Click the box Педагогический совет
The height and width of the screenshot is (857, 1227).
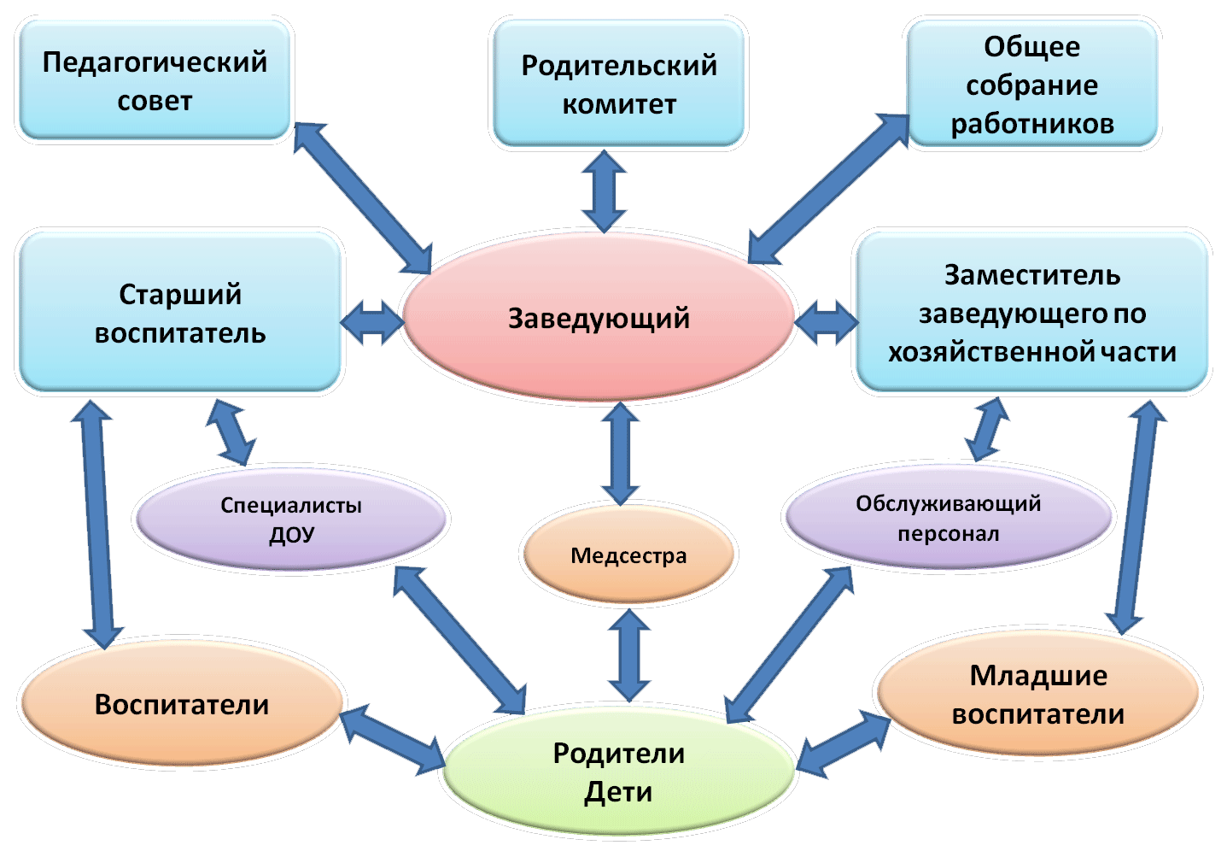point(155,80)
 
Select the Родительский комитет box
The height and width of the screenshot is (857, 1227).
point(618,84)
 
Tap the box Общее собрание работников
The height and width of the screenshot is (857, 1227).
point(1032,84)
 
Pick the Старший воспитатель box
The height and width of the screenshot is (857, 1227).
point(179,312)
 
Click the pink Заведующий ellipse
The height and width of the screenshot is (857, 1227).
point(599,317)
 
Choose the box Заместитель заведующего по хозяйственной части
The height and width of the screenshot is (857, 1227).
point(1032,312)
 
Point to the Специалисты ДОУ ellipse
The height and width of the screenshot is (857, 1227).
point(291,519)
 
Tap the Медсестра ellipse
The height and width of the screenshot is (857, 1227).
point(628,555)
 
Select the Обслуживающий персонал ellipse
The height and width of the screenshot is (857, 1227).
point(948,517)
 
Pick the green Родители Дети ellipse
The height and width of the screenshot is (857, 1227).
point(618,772)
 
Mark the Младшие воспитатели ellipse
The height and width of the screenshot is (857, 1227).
point(1038,694)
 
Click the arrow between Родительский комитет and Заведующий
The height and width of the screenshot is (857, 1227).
point(604,191)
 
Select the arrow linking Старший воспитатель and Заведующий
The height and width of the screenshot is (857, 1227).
point(372,322)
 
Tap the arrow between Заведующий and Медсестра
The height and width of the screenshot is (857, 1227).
point(620,454)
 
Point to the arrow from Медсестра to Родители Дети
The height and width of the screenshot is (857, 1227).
point(629,655)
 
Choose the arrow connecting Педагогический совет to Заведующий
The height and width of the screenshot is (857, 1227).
point(363,198)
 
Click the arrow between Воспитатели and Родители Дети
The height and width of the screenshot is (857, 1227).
point(392,740)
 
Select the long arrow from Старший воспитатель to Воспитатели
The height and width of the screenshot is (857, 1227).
point(97,524)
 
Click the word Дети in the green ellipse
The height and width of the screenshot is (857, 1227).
point(618,792)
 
